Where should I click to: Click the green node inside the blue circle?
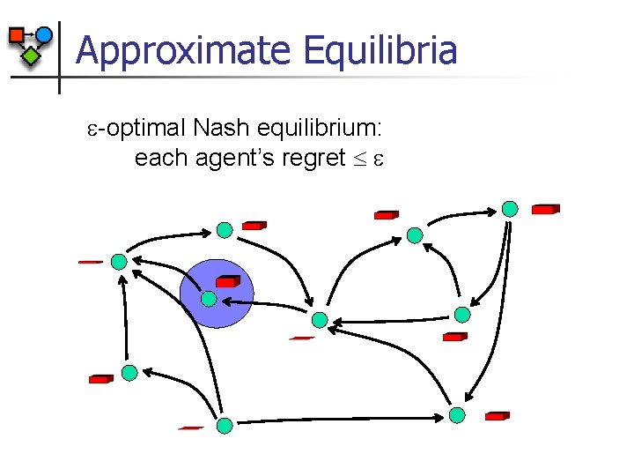pos(208,299)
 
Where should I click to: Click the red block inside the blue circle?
pos(228,281)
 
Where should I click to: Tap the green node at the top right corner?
pos(510,209)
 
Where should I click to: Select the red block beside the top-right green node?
pos(544,210)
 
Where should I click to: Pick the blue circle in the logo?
pos(43,35)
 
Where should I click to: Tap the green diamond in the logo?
pos(31,56)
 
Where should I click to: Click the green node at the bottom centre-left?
pos(225,426)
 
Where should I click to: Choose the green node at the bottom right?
pos(456,414)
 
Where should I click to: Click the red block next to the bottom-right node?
pos(497,415)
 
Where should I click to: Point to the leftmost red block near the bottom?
pos(101,379)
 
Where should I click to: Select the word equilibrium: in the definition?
pos(318,129)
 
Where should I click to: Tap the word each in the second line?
pos(156,159)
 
